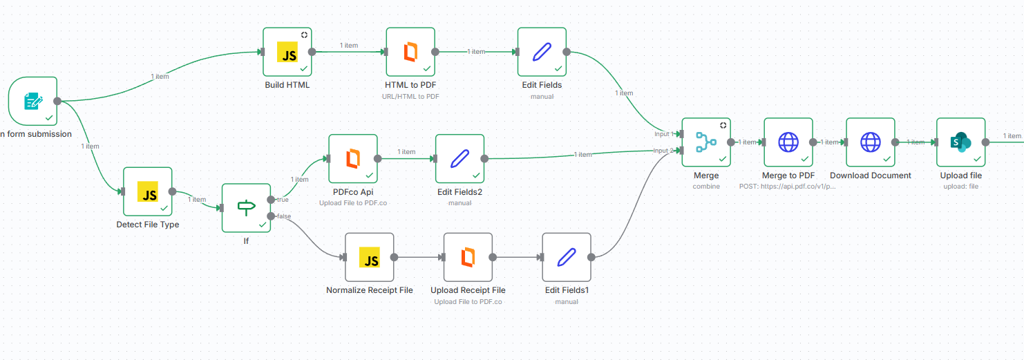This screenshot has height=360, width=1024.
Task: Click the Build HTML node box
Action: [x=287, y=52]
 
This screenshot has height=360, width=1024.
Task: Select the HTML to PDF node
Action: [x=410, y=52]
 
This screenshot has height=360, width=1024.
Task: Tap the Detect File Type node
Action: [x=148, y=191]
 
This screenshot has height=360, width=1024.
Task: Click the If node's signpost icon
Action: [x=246, y=207]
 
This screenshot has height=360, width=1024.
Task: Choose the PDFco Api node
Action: [x=353, y=158]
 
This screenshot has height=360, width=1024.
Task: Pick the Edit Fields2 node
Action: [x=459, y=158]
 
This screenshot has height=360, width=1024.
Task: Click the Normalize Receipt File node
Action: [x=369, y=257]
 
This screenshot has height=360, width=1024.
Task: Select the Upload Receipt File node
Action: [x=468, y=257]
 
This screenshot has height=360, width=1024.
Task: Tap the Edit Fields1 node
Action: [x=567, y=257]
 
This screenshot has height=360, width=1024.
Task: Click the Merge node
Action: [x=706, y=142]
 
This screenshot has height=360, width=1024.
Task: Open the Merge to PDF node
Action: [x=788, y=142]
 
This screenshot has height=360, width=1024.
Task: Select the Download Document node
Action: [x=871, y=142]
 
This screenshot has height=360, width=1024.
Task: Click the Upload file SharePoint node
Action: [x=961, y=142]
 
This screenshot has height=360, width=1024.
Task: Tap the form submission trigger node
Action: [x=32, y=101]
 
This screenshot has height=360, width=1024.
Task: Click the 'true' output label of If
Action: [x=283, y=200]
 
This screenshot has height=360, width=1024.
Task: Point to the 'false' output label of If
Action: [x=283, y=216]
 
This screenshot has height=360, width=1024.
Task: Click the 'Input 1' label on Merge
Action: [x=663, y=134]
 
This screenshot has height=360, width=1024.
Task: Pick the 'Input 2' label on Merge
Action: [x=663, y=150]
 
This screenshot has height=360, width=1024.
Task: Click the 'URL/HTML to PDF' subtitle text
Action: [x=410, y=96]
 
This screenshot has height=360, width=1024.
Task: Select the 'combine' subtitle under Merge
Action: [x=706, y=186]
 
